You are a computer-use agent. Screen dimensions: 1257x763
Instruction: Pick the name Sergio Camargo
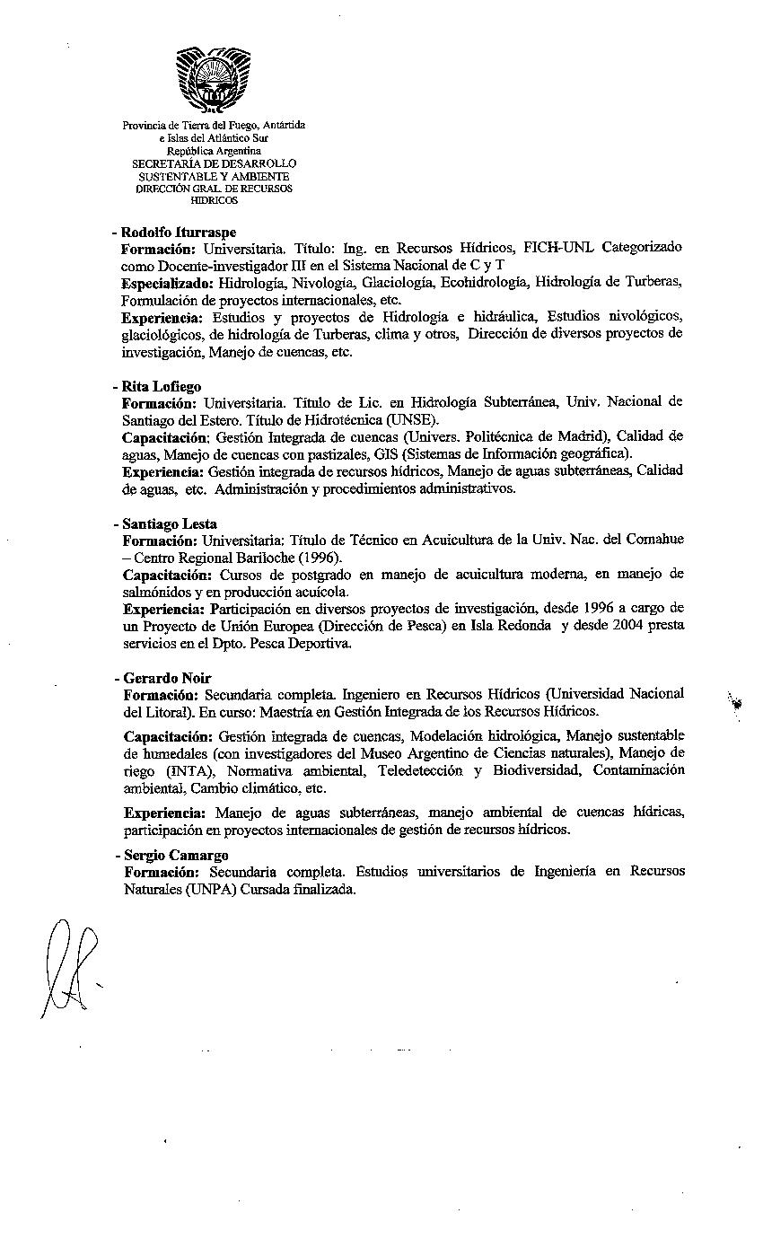point(176,856)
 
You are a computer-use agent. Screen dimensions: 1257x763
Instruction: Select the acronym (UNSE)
point(412,419)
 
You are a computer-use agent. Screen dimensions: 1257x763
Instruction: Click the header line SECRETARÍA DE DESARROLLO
point(214,164)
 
